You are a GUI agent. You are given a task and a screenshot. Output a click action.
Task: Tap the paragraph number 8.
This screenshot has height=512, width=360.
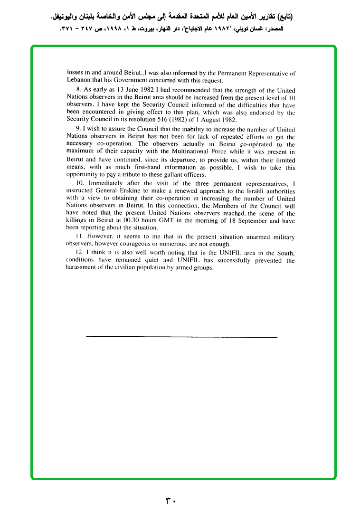click(78, 90)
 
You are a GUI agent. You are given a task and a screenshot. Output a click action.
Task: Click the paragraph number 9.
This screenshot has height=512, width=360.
click(78, 129)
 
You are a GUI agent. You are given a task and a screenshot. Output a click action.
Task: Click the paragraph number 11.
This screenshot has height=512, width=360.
click(79, 237)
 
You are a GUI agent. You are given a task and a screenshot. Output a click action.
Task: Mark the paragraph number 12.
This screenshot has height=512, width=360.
click(79, 252)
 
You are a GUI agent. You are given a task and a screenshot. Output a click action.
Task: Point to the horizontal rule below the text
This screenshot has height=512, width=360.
click(181, 337)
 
